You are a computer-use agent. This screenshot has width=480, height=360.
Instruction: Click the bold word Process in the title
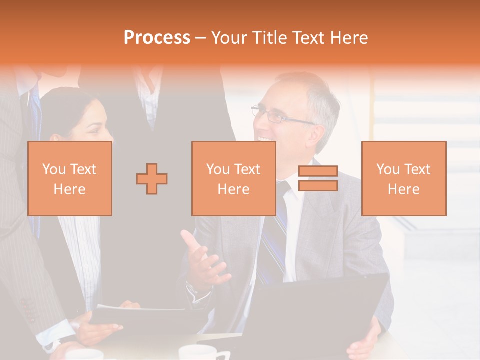tap(157, 38)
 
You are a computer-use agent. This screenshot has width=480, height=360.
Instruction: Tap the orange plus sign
tap(152, 179)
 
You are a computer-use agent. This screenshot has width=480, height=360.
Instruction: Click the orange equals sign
tap(318, 179)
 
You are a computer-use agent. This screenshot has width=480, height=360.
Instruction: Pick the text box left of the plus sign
tap(70, 179)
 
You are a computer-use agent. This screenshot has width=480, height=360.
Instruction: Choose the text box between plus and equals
tap(234, 179)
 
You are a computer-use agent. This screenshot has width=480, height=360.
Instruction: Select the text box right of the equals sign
tap(404, 179)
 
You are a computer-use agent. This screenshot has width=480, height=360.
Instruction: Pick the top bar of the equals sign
tap(318, 172)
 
